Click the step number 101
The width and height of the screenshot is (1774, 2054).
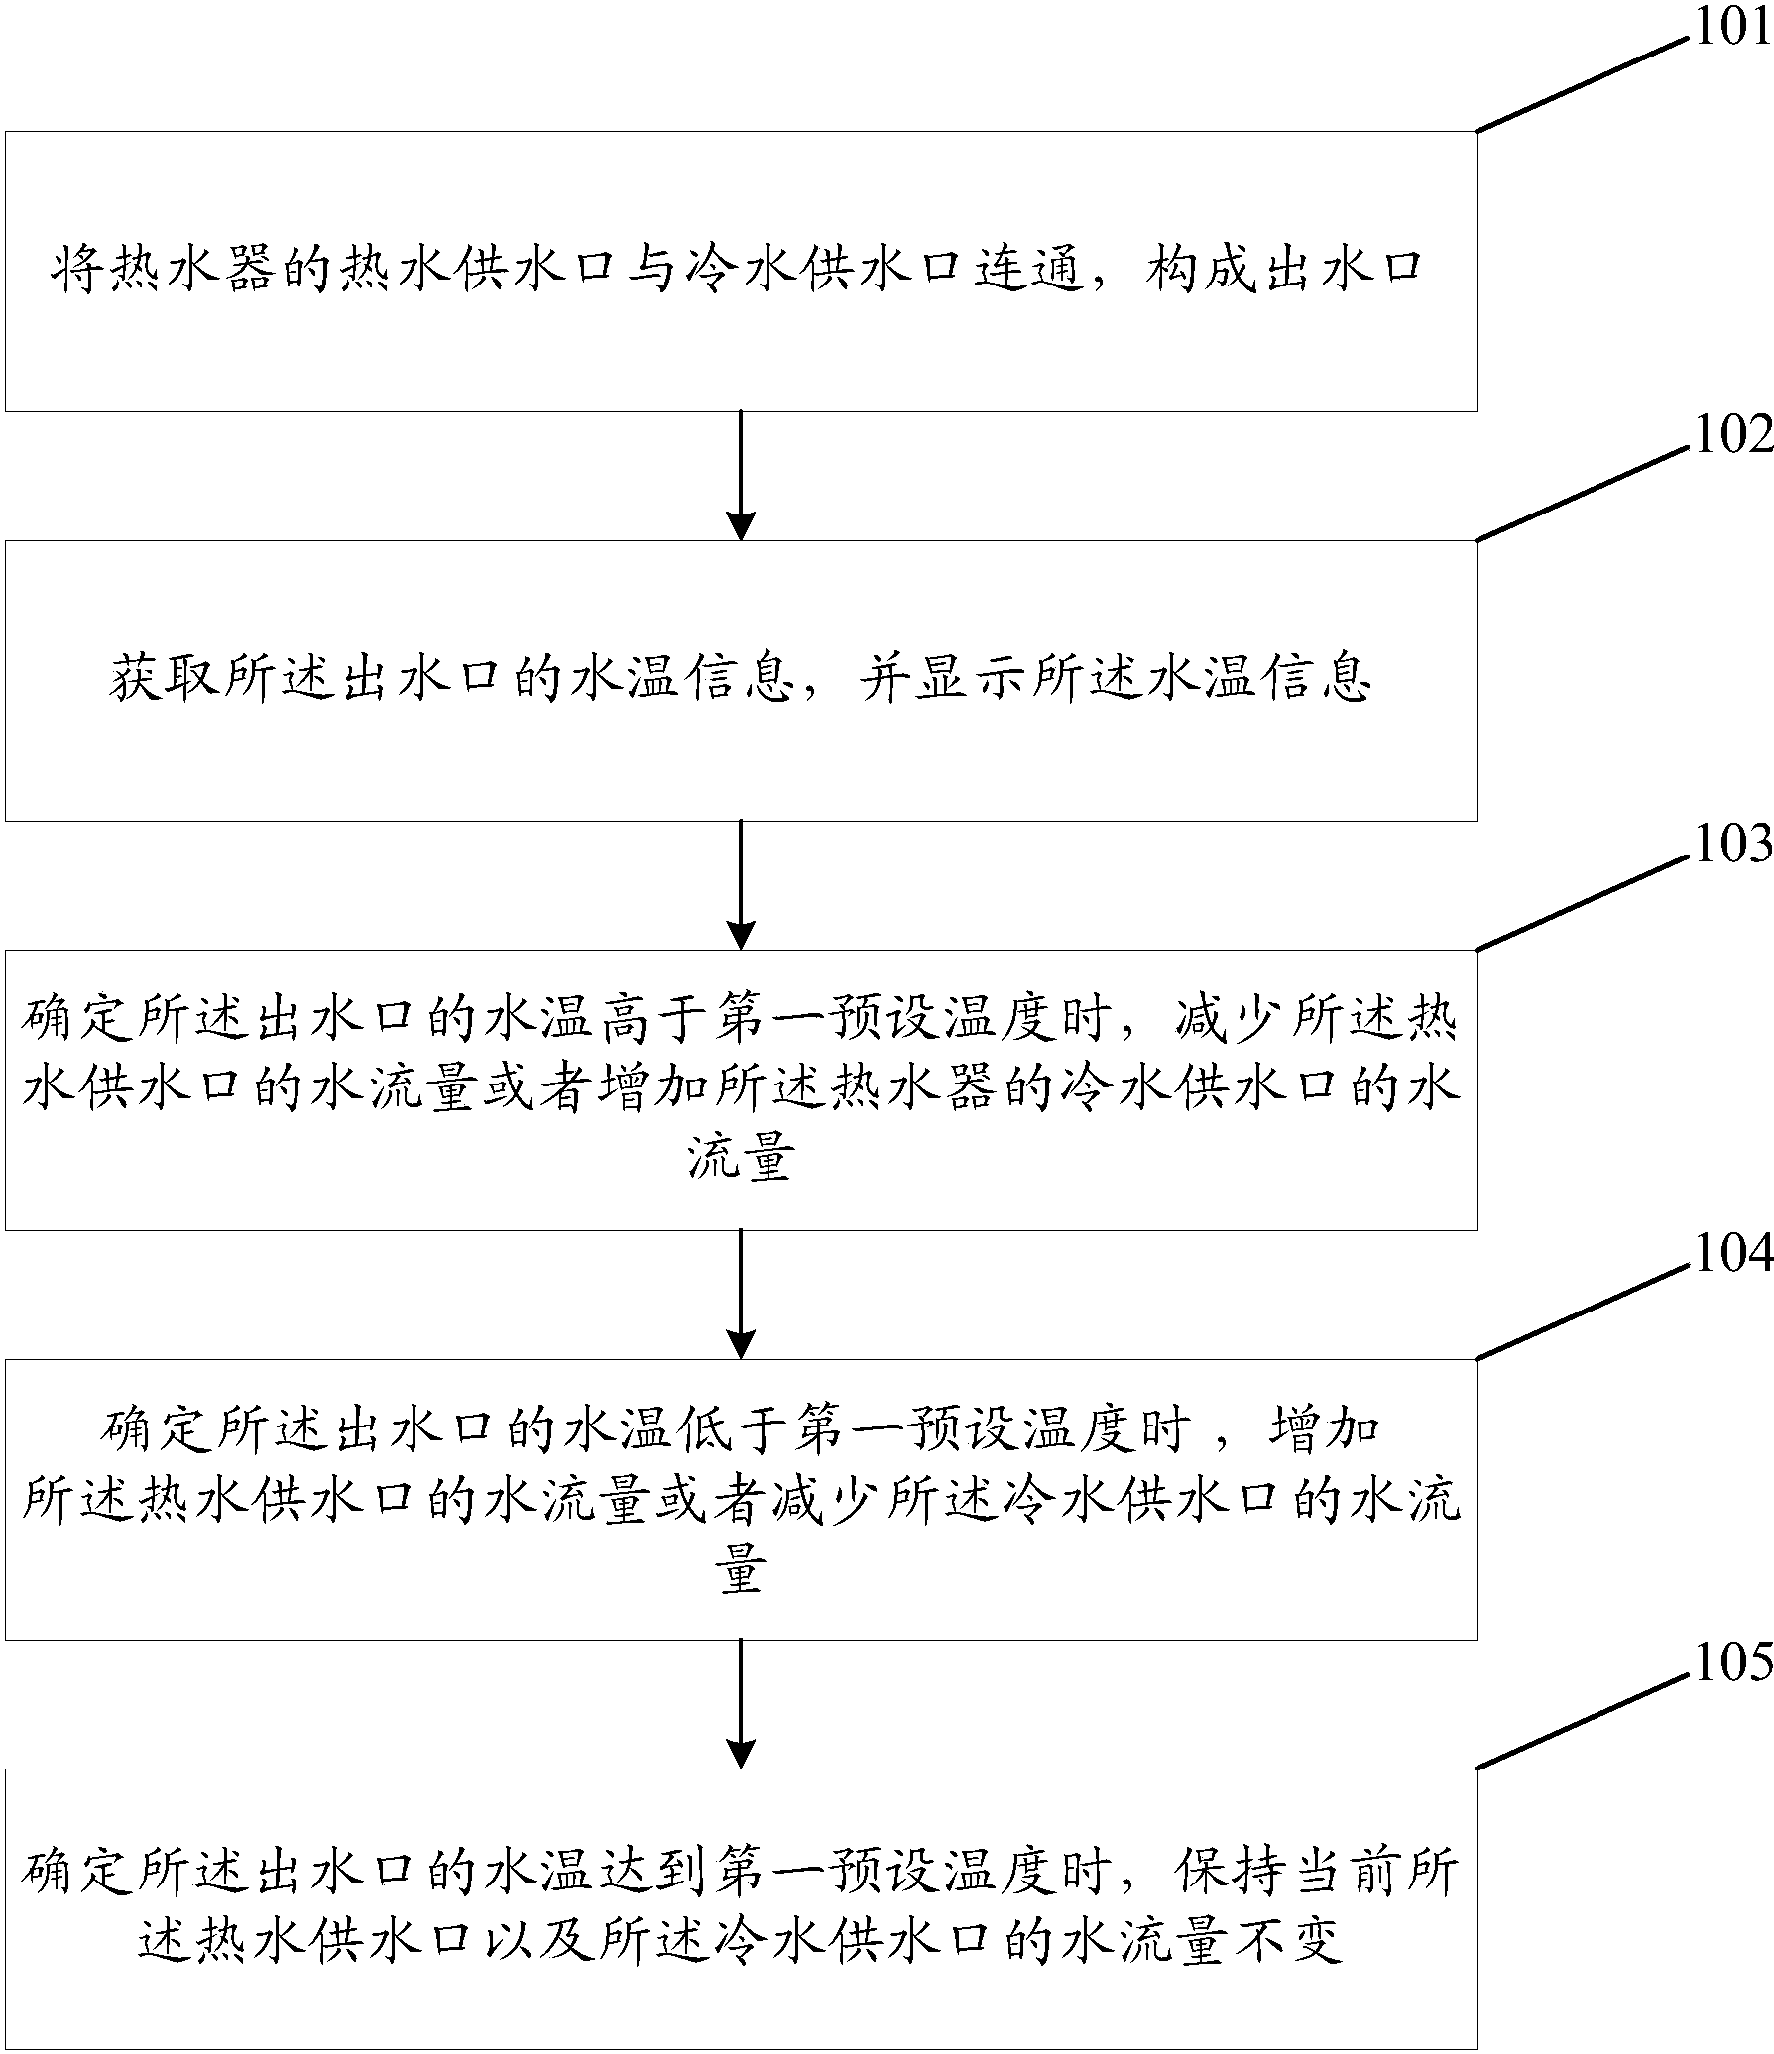pyautogui.click(x=1729, y=28)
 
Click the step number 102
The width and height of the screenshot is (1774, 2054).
pyautogui.click(x=1729, y=437)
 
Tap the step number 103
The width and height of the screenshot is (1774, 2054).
pyautogui.click(x=1729, y=847)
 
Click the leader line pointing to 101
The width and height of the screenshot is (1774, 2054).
pyautogui.click(x=1582, y=83)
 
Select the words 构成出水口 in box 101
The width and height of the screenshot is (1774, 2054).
pyautogui.click(x=1285, y=271)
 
